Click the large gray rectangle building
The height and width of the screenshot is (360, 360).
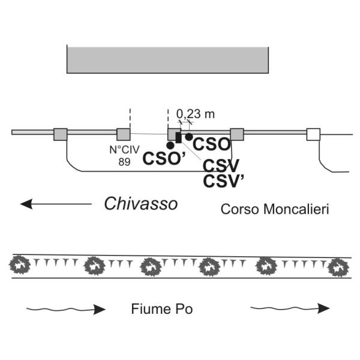click(x=167, y=58)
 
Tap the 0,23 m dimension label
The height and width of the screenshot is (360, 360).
click(x=196, y=112)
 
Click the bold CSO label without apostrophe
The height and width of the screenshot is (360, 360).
click(x=212, y=145)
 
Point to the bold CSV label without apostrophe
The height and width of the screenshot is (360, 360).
click(x=221, y=166)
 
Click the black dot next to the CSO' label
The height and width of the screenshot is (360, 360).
click(x=170, y=145)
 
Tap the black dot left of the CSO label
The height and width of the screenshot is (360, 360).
click(x=189, y=137)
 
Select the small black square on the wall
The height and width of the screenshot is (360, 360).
click(x=178, y=137)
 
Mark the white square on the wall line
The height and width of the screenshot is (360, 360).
click(x=313, y=134)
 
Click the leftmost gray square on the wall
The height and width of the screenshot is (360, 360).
click(x=60, y=134)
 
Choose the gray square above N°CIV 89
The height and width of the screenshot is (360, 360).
click(x=123, y=134)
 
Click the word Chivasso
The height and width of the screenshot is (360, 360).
click(x=141, y=204)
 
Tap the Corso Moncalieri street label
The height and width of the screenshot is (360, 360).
click(x=275, y=209)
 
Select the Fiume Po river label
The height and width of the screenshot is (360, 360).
click(x=161, y=310)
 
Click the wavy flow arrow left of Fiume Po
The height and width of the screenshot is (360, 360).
click(x=66, y=310)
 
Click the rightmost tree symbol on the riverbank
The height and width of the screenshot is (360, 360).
click(x=339, y=267)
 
